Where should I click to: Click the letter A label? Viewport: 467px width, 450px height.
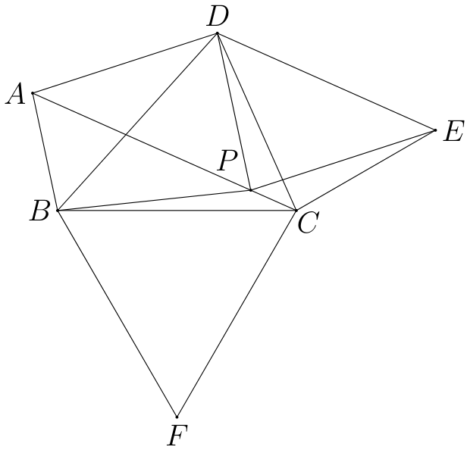pyautogui.click(x=16, y=94)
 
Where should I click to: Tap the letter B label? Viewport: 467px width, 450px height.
pyautogui.click(x=39, y=211)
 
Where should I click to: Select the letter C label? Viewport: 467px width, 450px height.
pyautogui.click(x=309, y=223)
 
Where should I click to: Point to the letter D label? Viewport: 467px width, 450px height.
pyautogui.click(x=218, y=17)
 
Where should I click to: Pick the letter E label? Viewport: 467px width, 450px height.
pyautogui.click(x=453, y=131)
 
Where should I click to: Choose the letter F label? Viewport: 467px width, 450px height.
pyautogui.click(x=178, y=436)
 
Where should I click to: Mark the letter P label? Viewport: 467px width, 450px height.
pyautogui.click(x=227, y=160)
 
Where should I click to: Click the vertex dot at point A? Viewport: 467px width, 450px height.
pyautogui.click(x=33, y=93)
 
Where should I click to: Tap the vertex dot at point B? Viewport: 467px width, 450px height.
pyautogui.click(x=58, y=211)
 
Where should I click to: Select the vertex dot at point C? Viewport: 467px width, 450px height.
pyautogui.click(x=296, y=211)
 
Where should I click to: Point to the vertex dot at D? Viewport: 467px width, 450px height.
pyautogui.click(x=217, y=33)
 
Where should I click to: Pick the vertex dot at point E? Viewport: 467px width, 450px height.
pyautogui.click(x=435, y=130)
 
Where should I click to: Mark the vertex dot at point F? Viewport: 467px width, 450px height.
pyautogui.click(x=177, y=417)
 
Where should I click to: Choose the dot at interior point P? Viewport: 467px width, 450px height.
pyautogui.click(x=251, y=190)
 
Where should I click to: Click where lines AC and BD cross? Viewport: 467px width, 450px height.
pyautogui.click(x=125, y=135)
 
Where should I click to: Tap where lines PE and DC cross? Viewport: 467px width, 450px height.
pyautogui.click(x=282, y=180)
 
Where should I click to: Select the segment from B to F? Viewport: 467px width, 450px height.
pyautogui.click(x=117, y=314)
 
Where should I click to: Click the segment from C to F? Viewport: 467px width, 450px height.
pyautogui.click(x=237, y=314)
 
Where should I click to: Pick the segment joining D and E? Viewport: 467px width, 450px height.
pyautogui.click(x=326, y=82)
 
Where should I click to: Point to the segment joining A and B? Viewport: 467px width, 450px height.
pyautogui.click(x=45, y=152)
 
